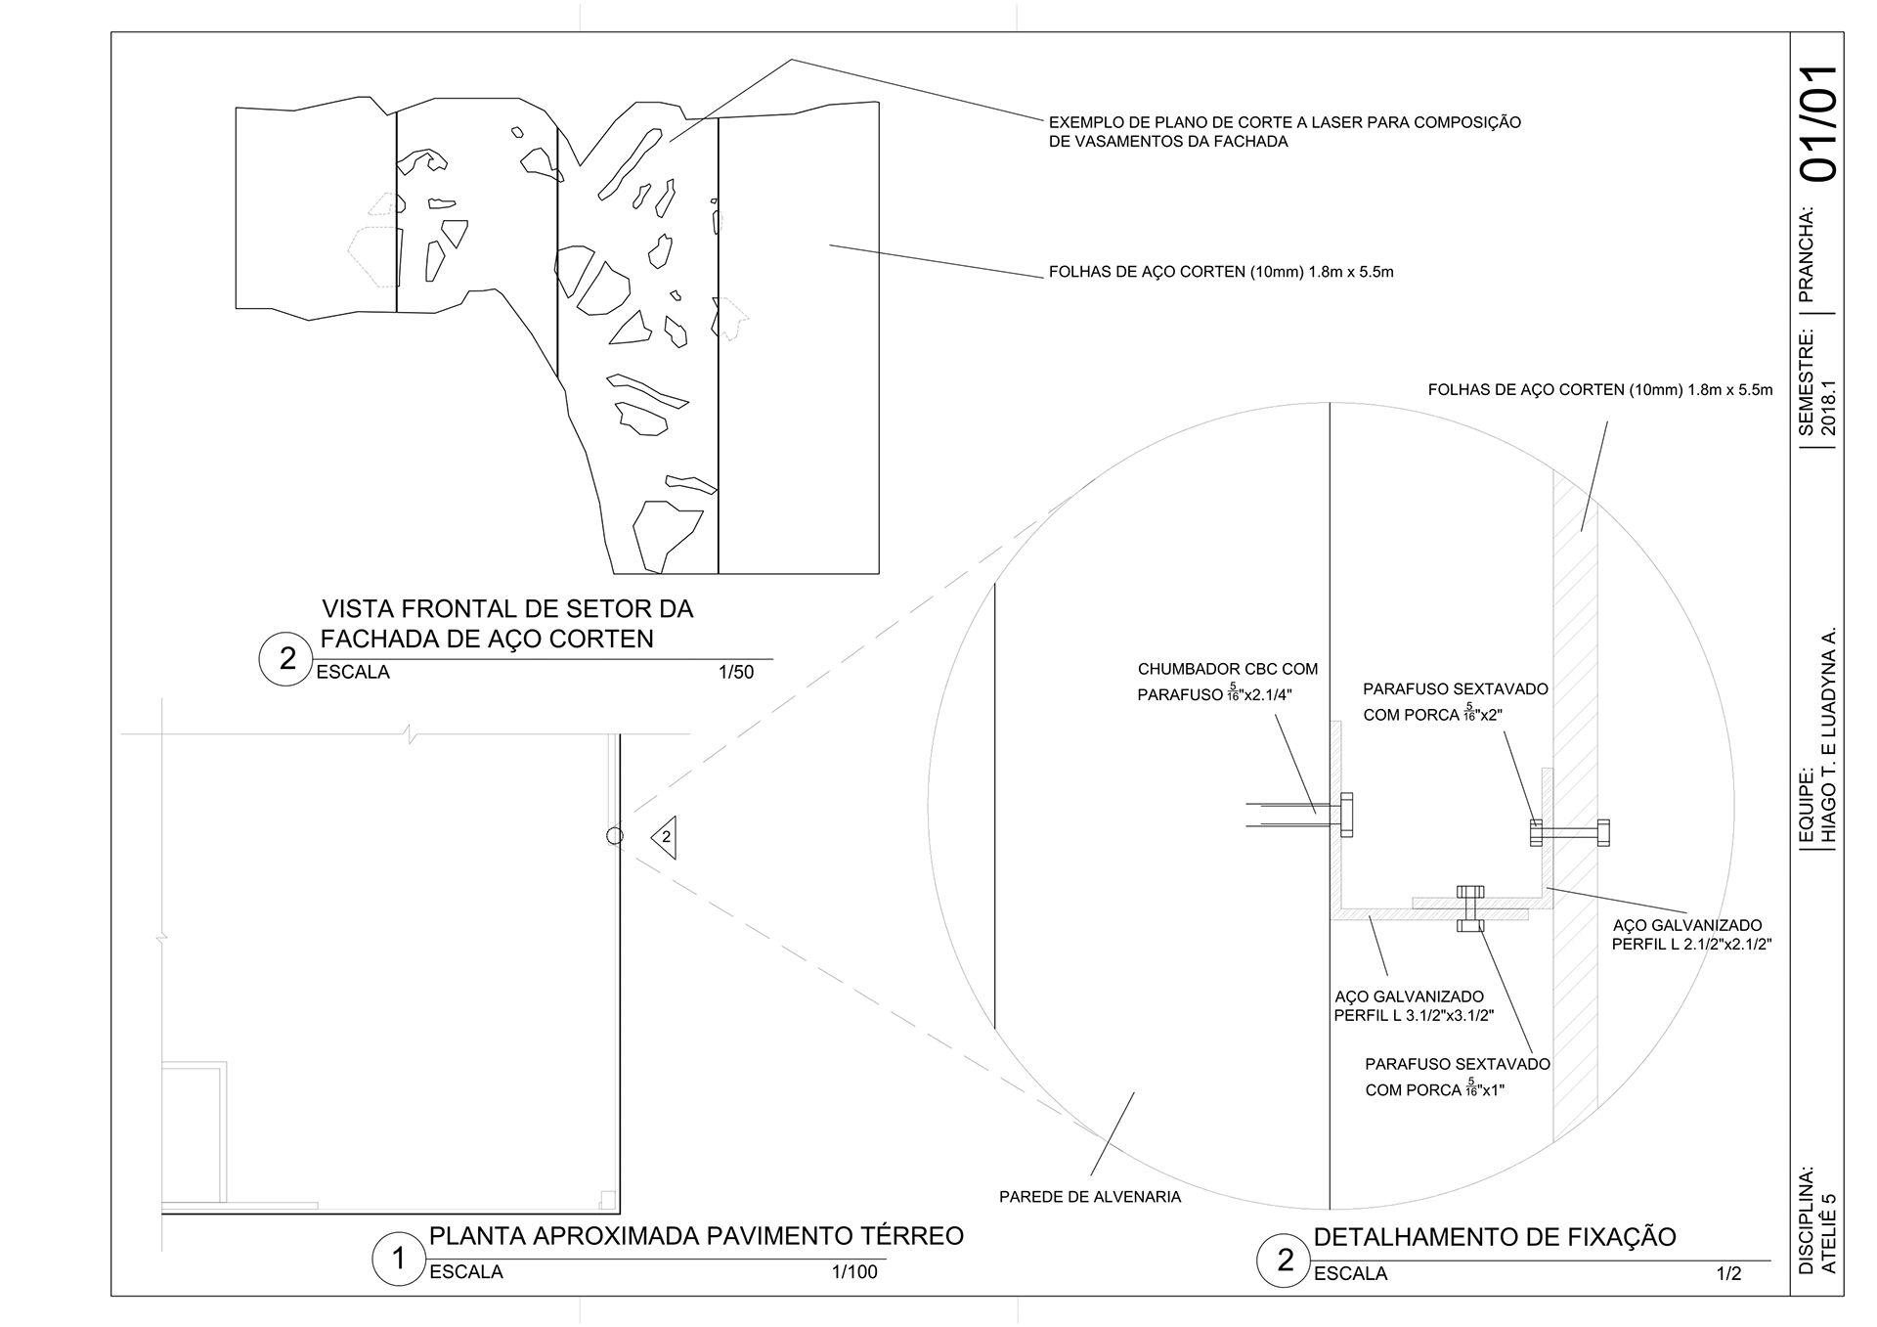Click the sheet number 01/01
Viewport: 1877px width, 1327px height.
click(x=1819, y=123)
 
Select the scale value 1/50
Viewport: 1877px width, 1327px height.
click(x=736, y=673)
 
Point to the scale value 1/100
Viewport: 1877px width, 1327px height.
click(x=854, y=1272)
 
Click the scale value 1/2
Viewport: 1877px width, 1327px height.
click(x=1728, y=1274)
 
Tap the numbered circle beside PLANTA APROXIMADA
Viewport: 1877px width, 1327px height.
click(x=399, y=1260)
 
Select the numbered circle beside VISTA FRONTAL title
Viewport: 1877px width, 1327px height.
click(x=285, y=659)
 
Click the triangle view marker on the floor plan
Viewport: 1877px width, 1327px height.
click(x=664, y=837)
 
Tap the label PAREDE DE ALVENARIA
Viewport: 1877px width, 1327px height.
click(x=1090, y=1197)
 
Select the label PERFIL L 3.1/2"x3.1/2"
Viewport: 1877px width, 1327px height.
click(x=1414, y=1015)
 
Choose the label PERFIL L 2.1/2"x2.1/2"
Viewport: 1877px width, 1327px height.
click(x=1692, y=945)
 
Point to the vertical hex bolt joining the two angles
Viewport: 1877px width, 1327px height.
click(x=1470, y=908)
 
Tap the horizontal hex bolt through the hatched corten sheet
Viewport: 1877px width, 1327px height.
click(x=1569, y=833)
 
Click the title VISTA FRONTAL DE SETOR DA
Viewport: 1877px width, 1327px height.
click(x=507, y=609)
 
